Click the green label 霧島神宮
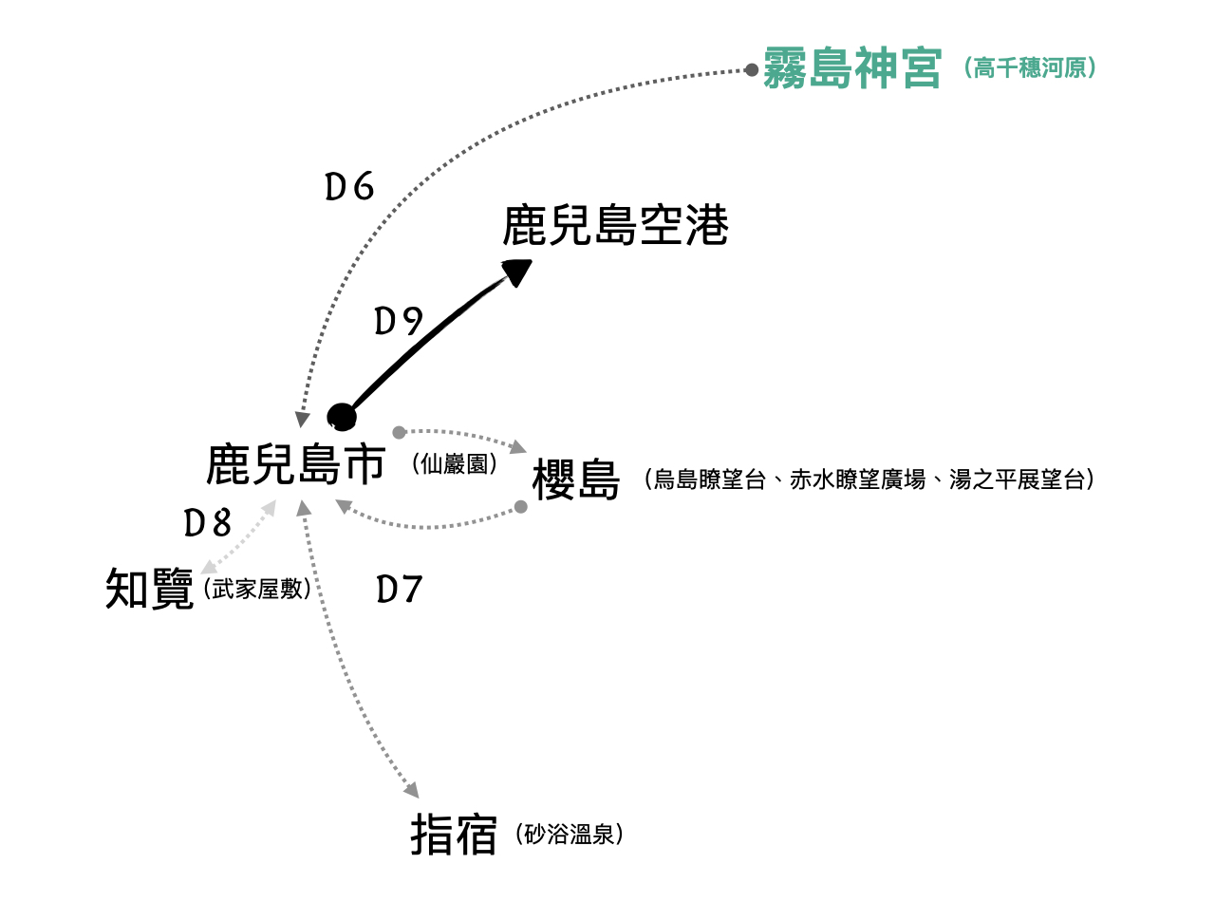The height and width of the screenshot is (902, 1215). pos(852,68)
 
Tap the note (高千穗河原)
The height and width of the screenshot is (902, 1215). pos(1029,68)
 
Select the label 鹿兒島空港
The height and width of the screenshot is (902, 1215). pos(615,226)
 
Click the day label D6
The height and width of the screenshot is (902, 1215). pos(349,188)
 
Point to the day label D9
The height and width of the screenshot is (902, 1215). pos(398,323)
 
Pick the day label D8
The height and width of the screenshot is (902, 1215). pos(208,522)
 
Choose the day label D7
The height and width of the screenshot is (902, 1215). pos(399,590)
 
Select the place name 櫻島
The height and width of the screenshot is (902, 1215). pos(576,479)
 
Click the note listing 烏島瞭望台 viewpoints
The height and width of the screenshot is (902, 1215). pos(869,479)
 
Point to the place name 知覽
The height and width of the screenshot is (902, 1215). pos(149,590)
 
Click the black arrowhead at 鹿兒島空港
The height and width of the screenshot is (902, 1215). pos(517,272)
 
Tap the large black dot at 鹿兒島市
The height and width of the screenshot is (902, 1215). pos(341,417)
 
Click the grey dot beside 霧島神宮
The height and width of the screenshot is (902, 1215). pos(752,69)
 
